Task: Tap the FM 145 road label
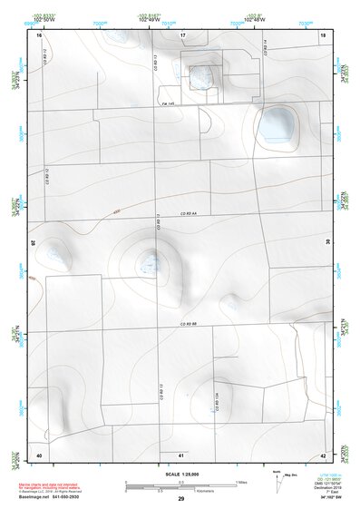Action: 167,105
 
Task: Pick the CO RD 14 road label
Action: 264,49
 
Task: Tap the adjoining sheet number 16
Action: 39,36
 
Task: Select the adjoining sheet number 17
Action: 182,35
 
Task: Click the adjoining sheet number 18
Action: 324,35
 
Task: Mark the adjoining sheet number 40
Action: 39,454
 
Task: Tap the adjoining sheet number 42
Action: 324,454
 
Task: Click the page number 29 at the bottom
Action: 181,499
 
